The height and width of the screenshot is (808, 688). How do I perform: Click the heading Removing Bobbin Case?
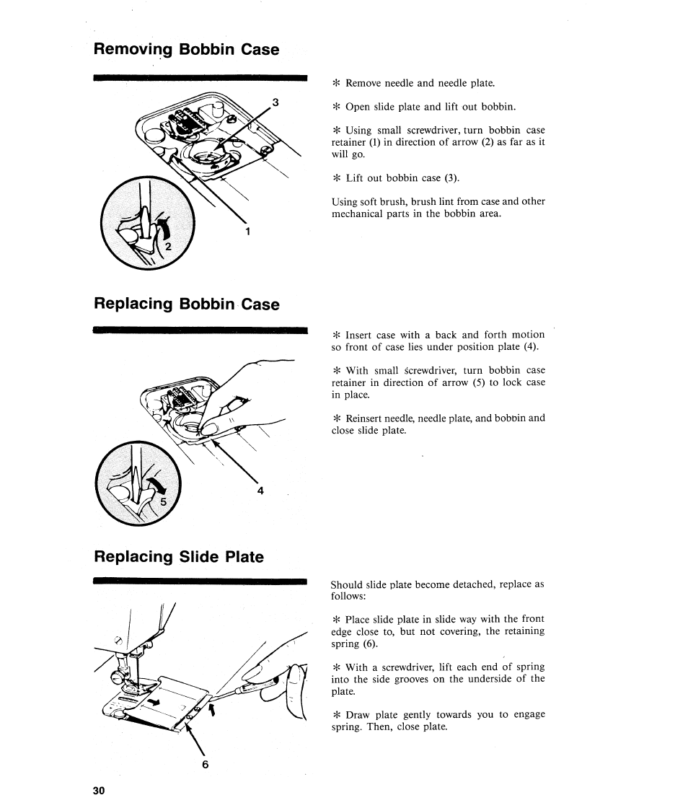[x=186, y=50]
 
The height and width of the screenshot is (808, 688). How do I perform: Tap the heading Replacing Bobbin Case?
[x=186, y=304]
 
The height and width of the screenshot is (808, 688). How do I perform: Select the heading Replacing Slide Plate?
[x=178, y=557]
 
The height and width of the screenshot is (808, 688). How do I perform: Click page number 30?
[x=99, y=790]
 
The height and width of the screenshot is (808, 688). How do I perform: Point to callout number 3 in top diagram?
[x=273, y=101]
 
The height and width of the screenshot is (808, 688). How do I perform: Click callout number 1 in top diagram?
[x=247, y=232]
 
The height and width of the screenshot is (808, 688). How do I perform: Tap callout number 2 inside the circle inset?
[x=169, y=247]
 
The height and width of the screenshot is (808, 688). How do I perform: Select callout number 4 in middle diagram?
[x=260, y=491]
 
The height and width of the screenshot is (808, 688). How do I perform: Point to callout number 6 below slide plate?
[x=205, y=765]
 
